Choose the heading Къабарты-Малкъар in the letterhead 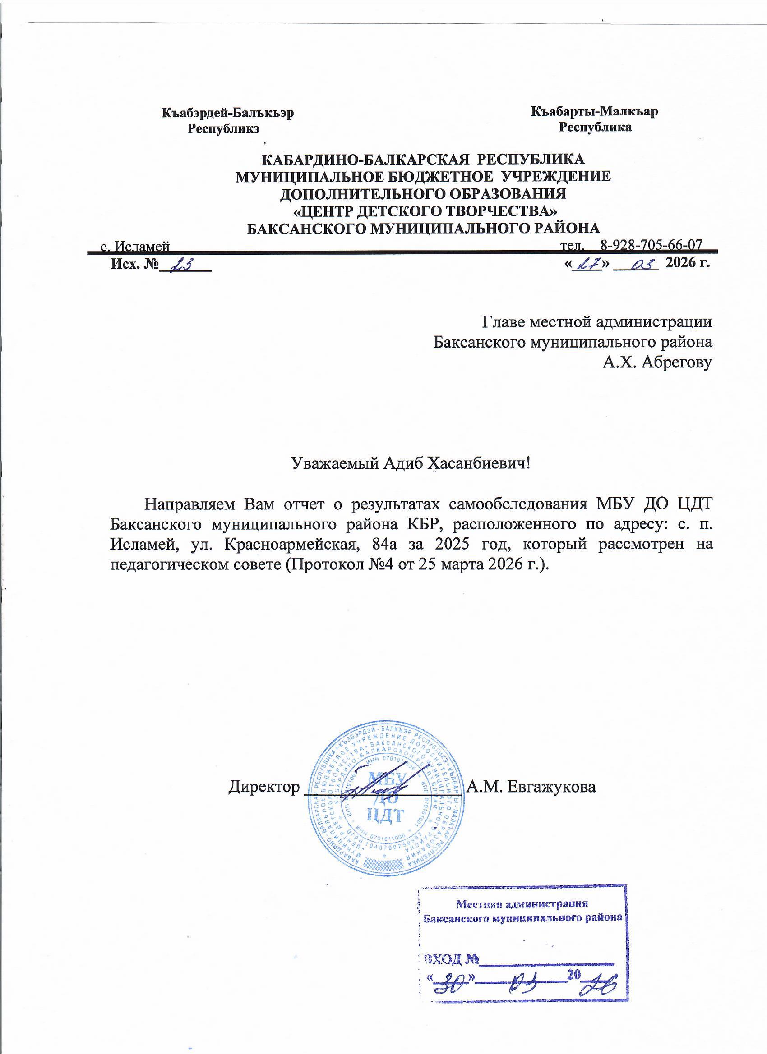pos(595,111)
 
